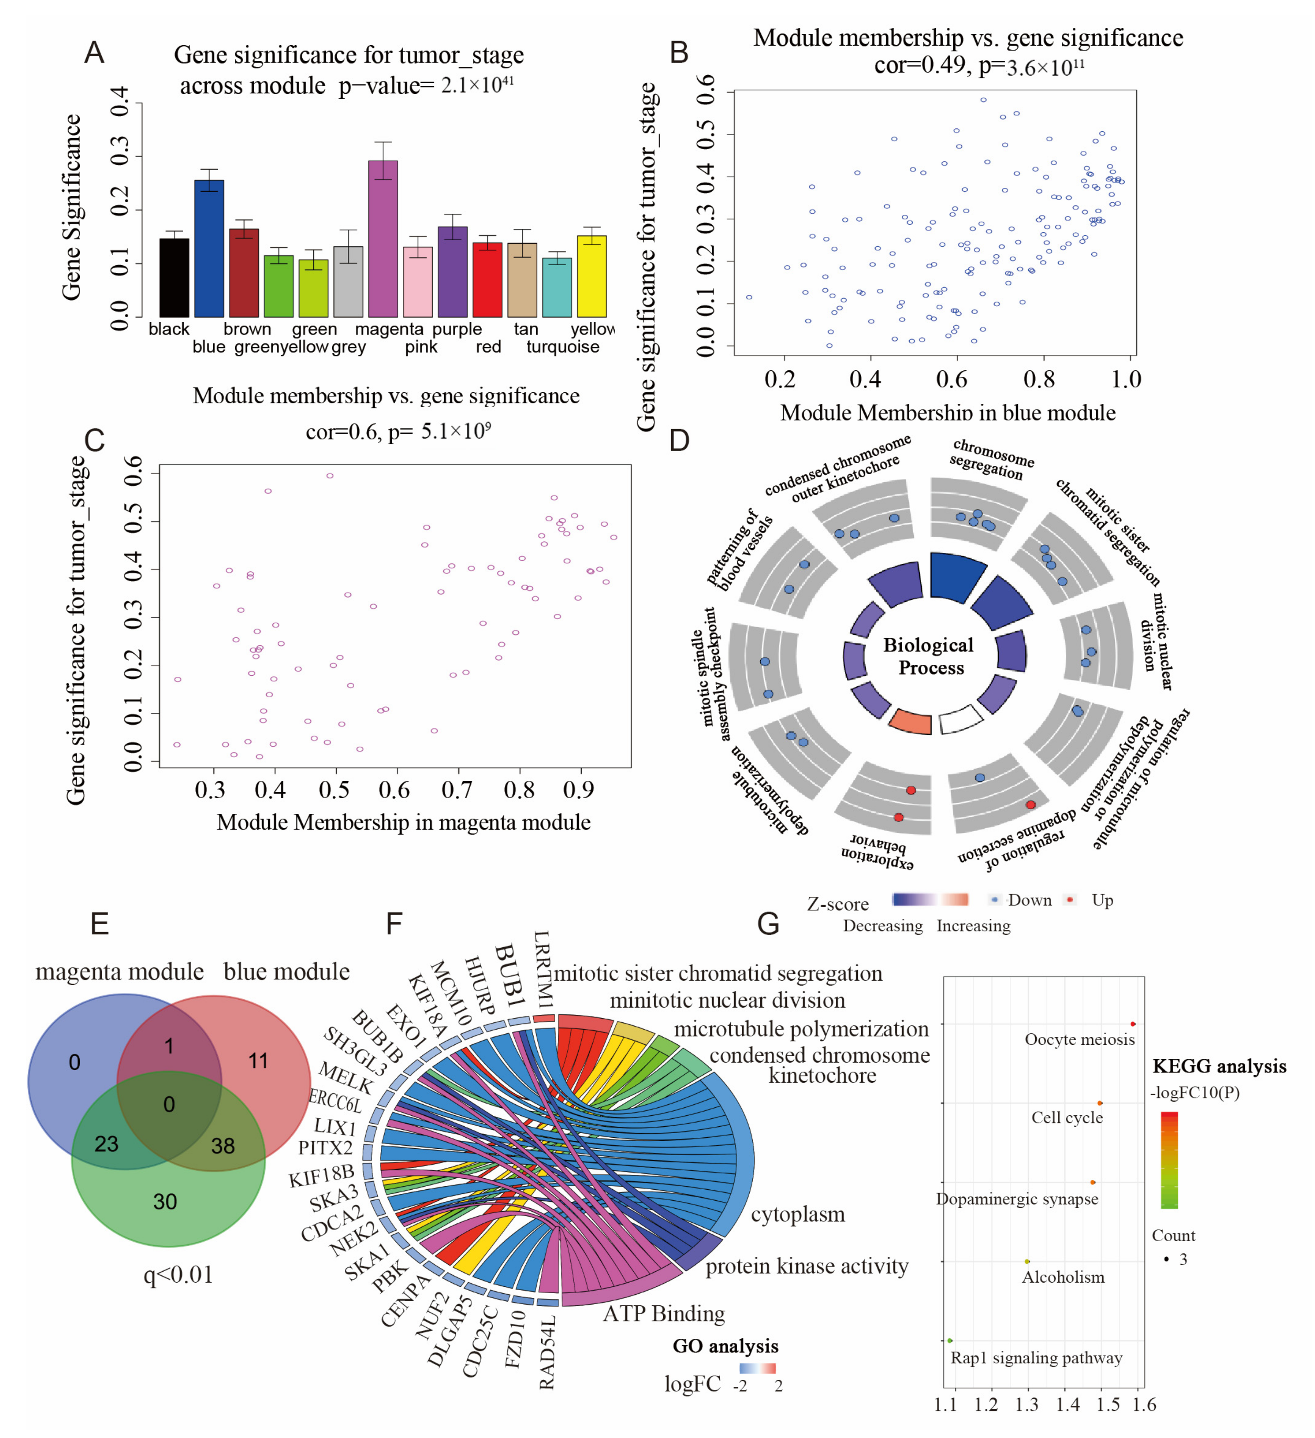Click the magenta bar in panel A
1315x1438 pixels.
tap(383, 239)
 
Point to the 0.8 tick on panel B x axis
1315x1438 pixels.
tap(1039, 380)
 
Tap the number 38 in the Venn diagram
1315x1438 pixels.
tap(222, 1146)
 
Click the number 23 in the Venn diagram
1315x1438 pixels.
tap(106, 1144)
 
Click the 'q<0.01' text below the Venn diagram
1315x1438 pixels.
tap(178, 1275)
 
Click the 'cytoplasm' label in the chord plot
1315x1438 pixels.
tap(797, 1214)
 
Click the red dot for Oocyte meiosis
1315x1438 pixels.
tap(1133, 1024)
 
